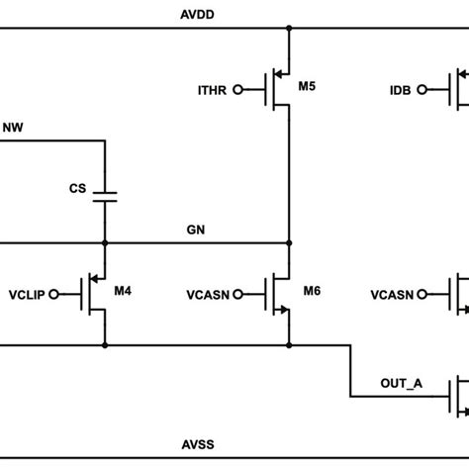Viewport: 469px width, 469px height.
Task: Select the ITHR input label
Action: tap(213, 91)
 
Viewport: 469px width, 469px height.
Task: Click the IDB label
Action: tap(402, 91)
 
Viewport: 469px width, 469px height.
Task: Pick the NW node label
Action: tap(16, 127)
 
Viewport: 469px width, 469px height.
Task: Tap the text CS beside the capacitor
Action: tap(77, 187)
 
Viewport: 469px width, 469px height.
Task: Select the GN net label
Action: tap(196, 230)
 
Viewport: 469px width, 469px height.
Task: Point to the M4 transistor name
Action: tap(123, 291)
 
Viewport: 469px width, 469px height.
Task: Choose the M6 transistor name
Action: tap(311, 291)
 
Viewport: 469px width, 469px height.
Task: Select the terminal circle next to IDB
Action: tap(423, 91)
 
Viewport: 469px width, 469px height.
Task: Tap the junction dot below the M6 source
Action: tap(288, 345)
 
